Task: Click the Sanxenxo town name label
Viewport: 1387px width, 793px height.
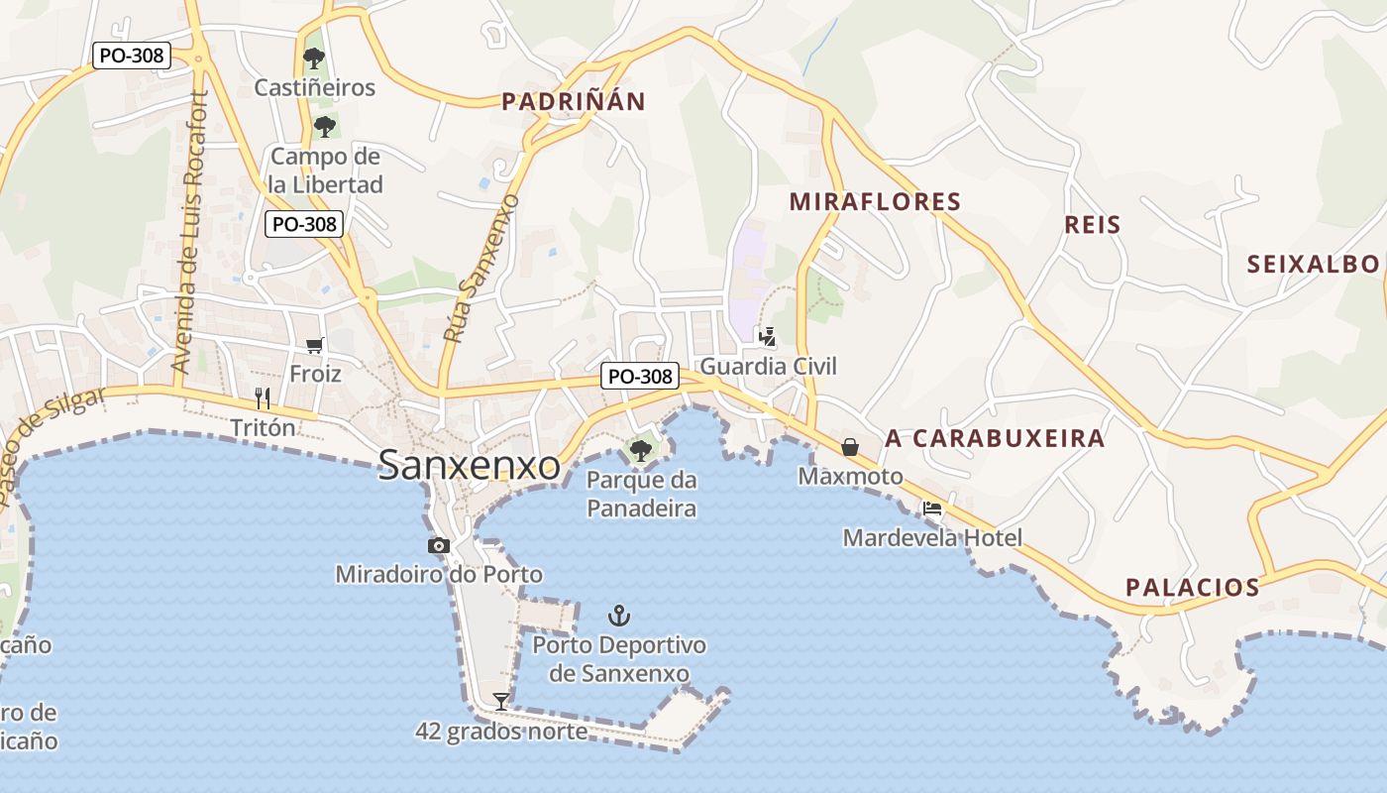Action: coord(469,465)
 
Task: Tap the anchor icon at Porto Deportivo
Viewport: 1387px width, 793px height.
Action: coord(619,616)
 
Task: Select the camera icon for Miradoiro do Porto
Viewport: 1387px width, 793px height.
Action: coord(438,545)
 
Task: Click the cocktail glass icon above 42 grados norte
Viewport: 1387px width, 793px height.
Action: coord(501,702)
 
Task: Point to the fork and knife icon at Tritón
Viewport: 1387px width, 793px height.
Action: coord(263,398)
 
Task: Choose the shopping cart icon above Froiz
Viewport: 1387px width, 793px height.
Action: coord(315,345)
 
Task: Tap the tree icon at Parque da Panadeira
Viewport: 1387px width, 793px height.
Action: coord(641,451)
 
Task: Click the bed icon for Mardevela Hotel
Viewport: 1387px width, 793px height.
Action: coord(932,509)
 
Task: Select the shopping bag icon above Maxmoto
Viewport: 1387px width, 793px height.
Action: coord(850,447)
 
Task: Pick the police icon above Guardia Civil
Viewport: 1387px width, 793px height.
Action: coord(767,337)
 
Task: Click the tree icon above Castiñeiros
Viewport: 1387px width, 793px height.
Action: coord(314,57)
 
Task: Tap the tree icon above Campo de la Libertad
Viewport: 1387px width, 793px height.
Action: coord(324,126)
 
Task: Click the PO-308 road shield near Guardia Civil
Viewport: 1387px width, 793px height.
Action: coord(640,376)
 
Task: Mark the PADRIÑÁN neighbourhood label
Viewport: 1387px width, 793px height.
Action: coord(573,101)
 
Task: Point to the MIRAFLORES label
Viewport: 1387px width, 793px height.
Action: coord(875,202)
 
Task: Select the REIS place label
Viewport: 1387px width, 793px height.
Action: coord(1093,225)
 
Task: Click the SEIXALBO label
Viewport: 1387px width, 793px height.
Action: coord(1313,264)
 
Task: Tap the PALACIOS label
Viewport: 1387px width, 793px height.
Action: coord(1192,588)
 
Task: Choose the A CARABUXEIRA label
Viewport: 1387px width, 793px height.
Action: coord(995,438)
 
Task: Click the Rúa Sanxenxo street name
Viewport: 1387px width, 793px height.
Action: coord(481,270)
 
